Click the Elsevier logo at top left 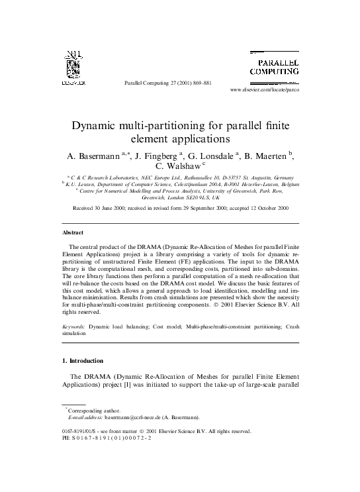(x=71, y=69)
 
